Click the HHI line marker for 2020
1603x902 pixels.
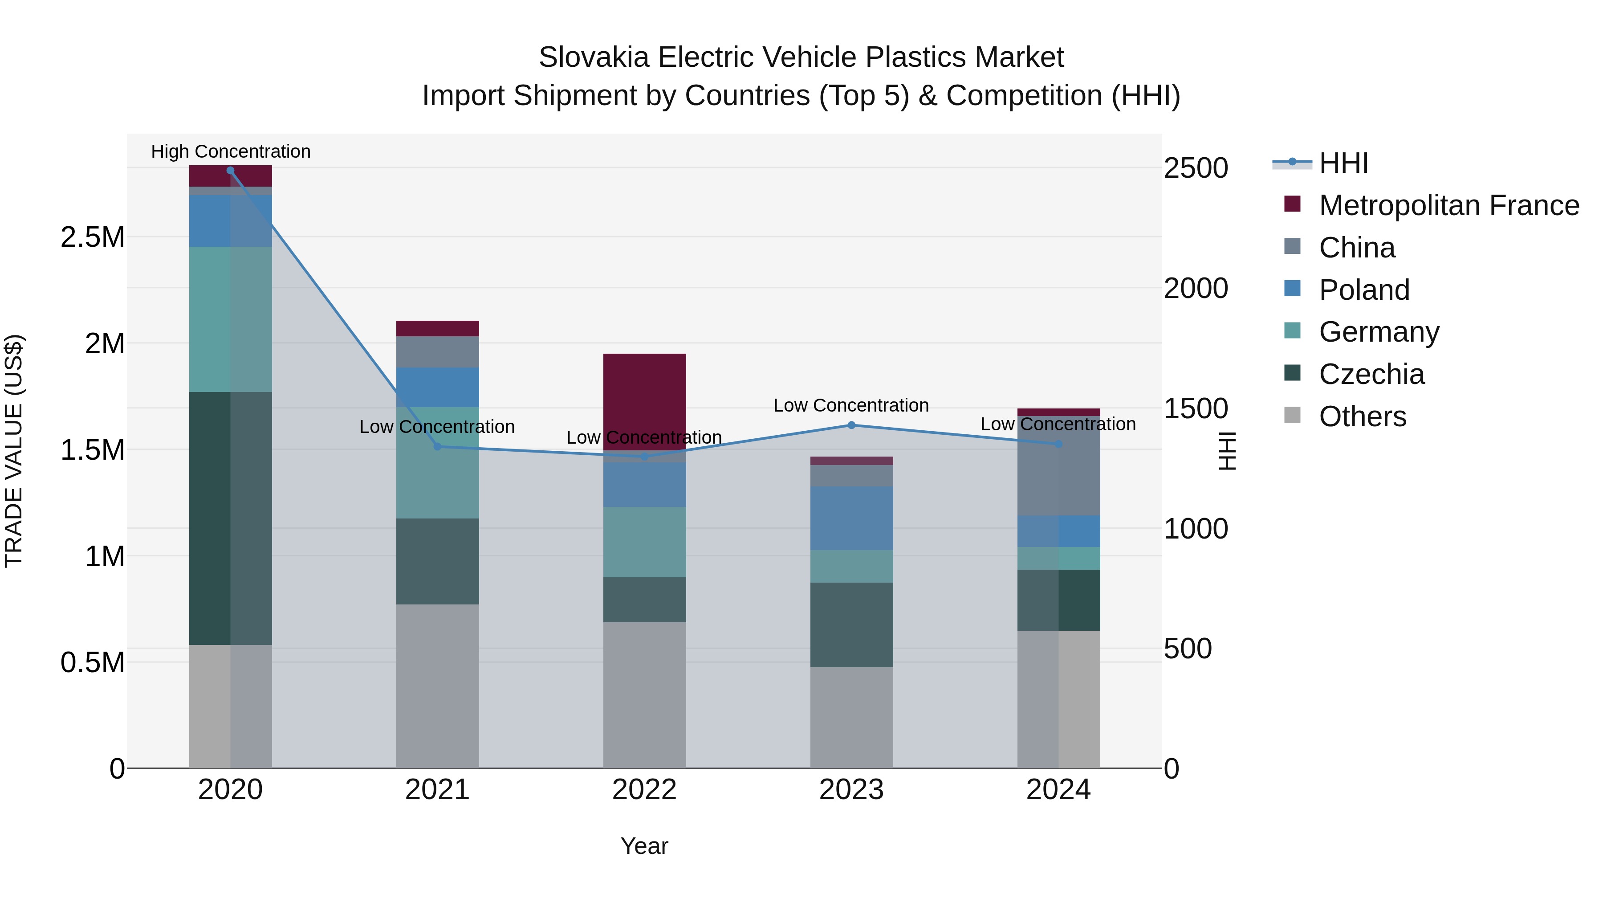click(230, 171)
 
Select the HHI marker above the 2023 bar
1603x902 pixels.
click(851, 425)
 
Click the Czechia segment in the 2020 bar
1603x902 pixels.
click(230, 518)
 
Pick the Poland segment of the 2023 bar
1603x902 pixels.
click(851, 518)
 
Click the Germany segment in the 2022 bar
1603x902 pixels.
click(645, 542)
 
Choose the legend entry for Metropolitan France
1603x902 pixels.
click(1448, 205)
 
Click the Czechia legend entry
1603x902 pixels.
click(1371, 374)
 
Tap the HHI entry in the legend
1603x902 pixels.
click(1343, 163)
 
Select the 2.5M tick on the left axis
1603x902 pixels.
click(92, 237)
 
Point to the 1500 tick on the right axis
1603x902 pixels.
click(1196, 408)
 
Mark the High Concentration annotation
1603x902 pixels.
click(230, 151)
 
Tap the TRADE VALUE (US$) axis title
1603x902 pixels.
click(14, 451)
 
